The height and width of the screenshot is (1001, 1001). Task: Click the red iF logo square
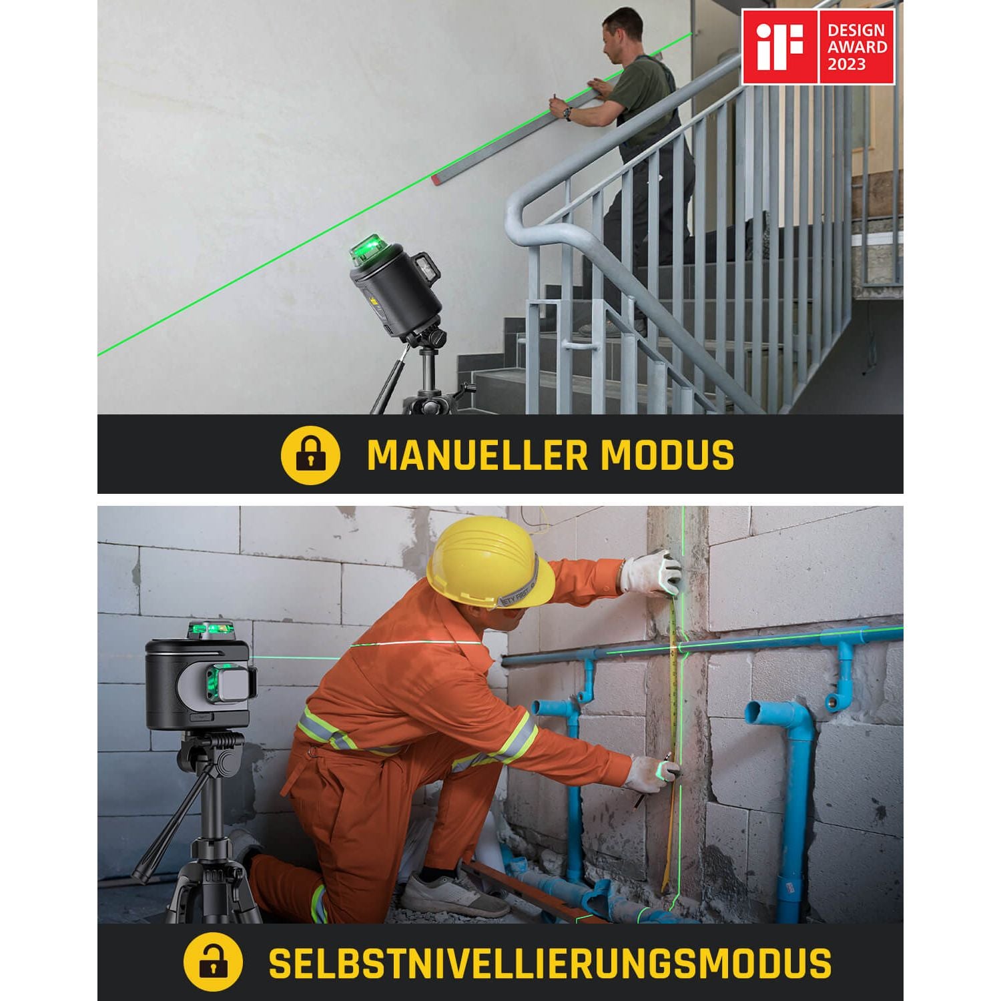pos(780,47)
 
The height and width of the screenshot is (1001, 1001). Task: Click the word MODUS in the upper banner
pos(667,455)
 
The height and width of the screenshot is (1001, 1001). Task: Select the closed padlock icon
pos(310,454)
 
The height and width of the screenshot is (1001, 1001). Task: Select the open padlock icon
pos(213,962)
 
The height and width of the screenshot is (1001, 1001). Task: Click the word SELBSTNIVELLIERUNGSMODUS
pos(550,963)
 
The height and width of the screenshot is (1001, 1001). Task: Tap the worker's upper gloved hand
pos(650,573)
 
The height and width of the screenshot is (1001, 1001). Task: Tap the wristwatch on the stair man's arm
pos(567,114)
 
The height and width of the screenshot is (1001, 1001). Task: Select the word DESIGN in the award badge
pos(856,30)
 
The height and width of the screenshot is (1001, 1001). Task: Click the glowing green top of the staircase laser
pos(370,248)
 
